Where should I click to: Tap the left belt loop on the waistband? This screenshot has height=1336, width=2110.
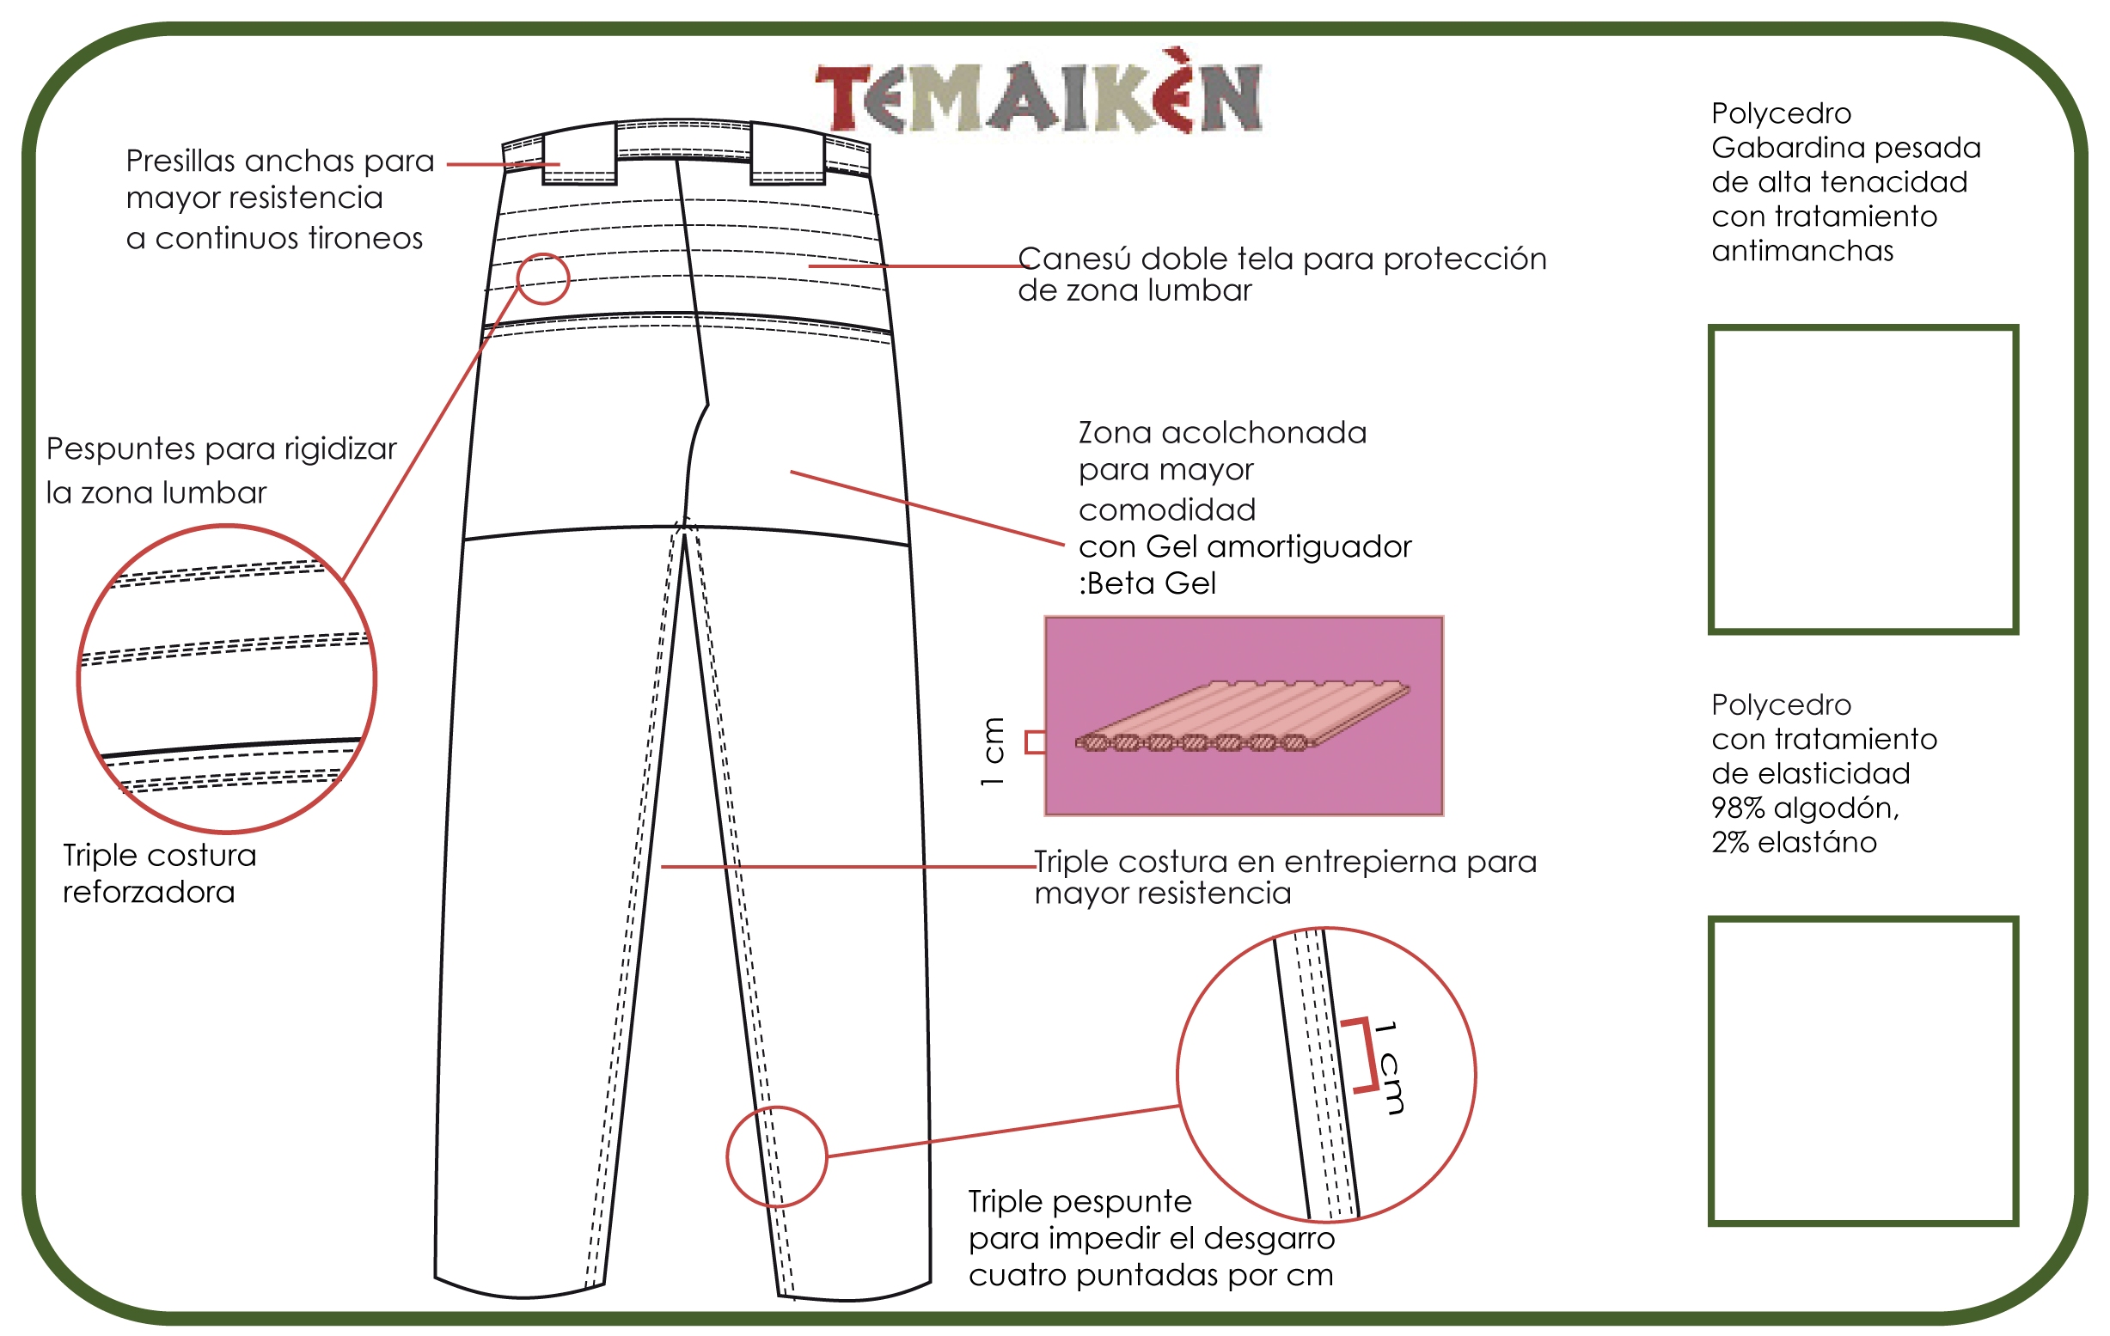[x=579, y=154]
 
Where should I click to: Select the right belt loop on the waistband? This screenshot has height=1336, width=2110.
[x=788, y=154]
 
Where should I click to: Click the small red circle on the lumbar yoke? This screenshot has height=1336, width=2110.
[x=543, y=254]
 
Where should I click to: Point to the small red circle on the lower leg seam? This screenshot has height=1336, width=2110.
[x=776, y=1107]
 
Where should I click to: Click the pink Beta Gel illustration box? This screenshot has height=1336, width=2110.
[x=1244, y=716]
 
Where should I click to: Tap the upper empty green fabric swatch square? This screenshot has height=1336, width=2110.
[x=1864, y=326]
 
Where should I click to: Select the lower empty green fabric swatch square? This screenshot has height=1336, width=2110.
[x=1864, y=920]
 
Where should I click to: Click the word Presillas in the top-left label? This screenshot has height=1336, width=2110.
[x=180, y=162]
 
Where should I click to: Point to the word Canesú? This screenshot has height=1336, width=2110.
[x=1075, y=259]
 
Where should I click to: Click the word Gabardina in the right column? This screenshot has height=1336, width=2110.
[x=1780, y=148]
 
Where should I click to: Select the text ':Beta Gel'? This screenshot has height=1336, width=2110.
[x=1147, y=583]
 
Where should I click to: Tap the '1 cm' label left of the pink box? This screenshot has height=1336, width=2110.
[x=992, y=751]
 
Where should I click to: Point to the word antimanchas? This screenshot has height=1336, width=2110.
[x=1802, y=252]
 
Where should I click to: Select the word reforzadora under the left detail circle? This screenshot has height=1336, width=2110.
[x=149, y=893]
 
